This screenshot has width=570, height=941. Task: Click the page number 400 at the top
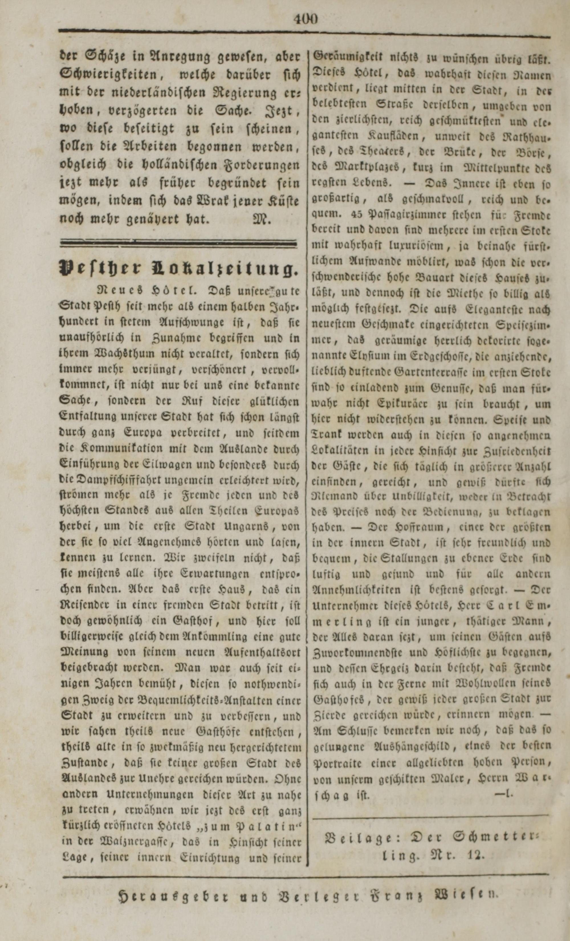coord(306,19)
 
